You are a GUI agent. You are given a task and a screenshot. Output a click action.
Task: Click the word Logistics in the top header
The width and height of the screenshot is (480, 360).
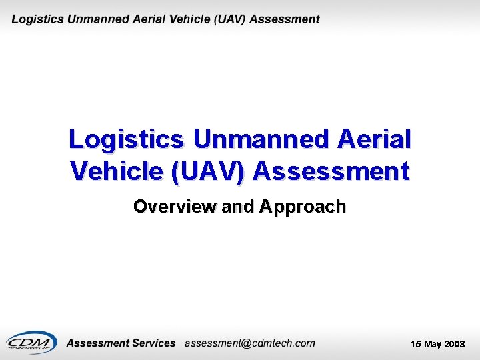pyautogui.click(x=37, y=19)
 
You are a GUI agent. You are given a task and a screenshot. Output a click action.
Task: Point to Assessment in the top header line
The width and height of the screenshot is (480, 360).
pyautogui.click(x=285, y=19)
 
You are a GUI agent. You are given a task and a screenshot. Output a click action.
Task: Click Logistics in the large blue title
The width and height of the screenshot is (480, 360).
pyautogui.click(x=126, y=139)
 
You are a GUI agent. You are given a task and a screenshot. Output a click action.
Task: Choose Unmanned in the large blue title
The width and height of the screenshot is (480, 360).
pyautogui.click(x=261, y=139)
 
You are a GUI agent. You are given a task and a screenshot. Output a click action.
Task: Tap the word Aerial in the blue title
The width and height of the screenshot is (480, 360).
pyautogui.click(x=375, y=139)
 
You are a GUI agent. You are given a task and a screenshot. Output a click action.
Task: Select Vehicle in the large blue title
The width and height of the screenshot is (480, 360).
pyautogui.click(x=117, y=171)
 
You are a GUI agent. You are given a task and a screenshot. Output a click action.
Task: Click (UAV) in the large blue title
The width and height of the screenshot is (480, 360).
pyautogui.click(x=209, y=171)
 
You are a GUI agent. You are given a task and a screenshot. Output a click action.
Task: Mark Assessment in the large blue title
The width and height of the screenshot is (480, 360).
pyautogui.click(x=331, y=171)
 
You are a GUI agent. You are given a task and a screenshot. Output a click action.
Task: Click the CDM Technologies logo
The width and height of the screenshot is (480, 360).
pyautogui.click(x=32, y=343)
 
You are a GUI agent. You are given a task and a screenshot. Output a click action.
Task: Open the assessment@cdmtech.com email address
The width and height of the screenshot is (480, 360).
pyautogui.click(x=249, y=343)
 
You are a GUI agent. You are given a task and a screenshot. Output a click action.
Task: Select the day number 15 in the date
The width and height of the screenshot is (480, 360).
pyautogui.click(x=416, y=344)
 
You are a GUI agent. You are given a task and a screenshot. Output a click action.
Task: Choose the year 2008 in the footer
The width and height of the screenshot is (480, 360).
pyautogui.click(x=455, y=344)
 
